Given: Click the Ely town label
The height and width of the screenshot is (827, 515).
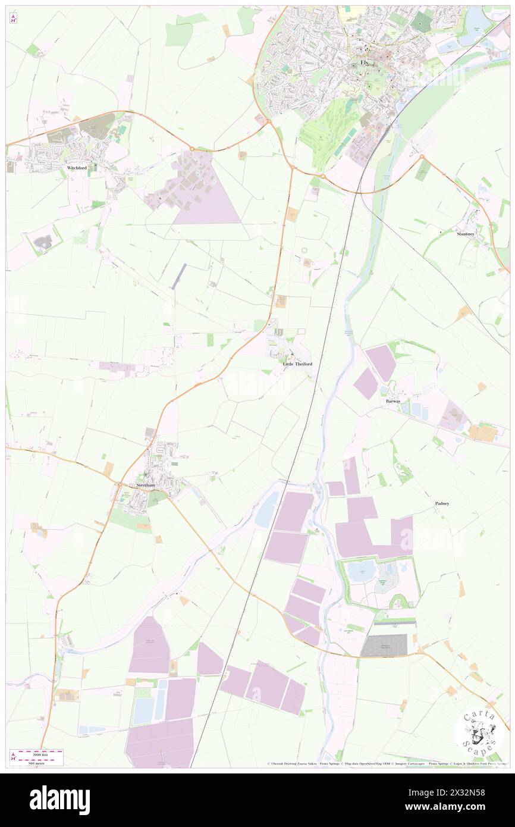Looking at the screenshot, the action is coord(365,62).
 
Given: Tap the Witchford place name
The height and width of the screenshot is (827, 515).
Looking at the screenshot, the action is coord(77,168).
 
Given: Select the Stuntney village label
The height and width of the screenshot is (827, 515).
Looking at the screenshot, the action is coord(466,234).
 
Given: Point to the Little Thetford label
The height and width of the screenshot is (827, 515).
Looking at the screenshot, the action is coord(297,364).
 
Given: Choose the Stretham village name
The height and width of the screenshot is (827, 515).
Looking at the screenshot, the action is coord(146,485).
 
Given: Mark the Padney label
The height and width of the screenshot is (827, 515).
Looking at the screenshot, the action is coord(442,503).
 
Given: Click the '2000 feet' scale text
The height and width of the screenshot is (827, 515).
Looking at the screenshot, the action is coord(40,752).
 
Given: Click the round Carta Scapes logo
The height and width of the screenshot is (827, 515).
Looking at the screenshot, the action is coord(479,734).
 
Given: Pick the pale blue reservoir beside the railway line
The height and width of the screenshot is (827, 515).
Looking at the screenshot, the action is coord(267,509).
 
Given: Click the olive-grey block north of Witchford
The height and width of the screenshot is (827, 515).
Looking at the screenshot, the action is coord(97,126).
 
